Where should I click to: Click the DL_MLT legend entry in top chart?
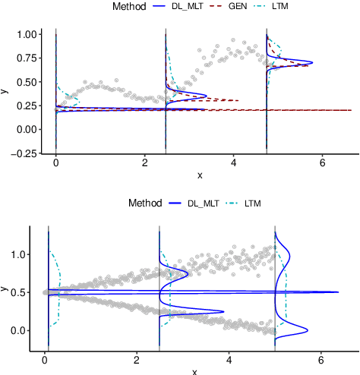click(186, 7)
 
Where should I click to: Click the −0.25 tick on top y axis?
click(25, 153)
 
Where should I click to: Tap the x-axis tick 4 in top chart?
click(234, 162)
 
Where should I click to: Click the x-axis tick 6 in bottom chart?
click(321, 361)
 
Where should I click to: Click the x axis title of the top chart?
click(199, 175)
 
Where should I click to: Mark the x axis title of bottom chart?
click(194, 371)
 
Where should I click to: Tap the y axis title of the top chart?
click(5, 91)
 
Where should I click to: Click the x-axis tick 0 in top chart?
click(56, 162)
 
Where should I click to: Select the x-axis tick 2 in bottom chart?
click(137, 361)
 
